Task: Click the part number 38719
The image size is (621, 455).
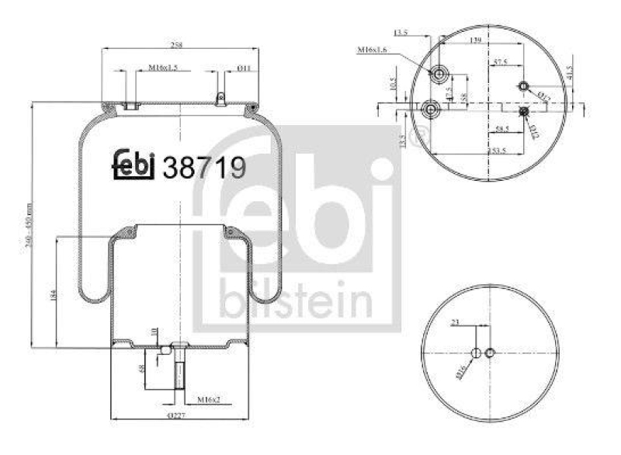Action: (x=203, y=167)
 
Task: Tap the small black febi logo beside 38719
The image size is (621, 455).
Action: (x=136, y=165)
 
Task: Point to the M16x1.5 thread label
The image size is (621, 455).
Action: (x=163, y=68)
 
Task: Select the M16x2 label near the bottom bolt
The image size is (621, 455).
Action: (x=205, y=399)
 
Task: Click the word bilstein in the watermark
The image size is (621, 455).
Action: (x=295, y=300)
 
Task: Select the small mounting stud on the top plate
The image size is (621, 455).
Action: (x=221, y=99)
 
